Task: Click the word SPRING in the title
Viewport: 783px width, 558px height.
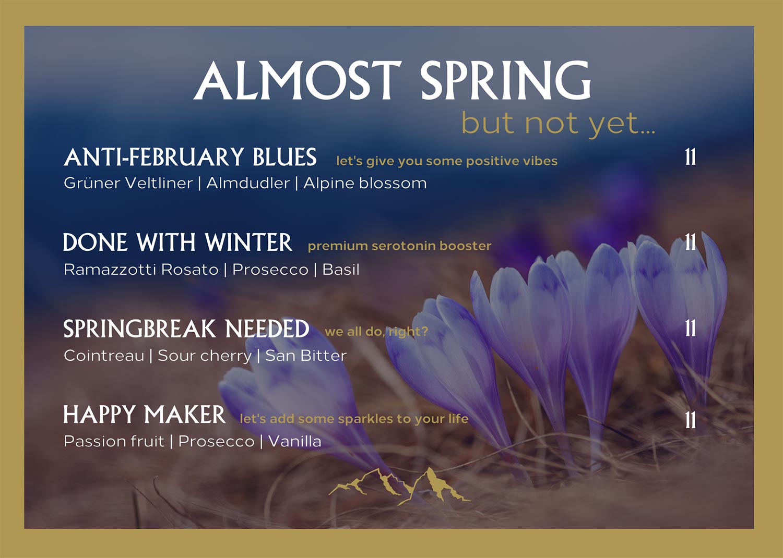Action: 505,80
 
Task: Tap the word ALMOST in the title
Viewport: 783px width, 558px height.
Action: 298,80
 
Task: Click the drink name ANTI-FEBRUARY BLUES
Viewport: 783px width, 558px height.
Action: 190,157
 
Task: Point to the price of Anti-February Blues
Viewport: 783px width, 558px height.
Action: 691,157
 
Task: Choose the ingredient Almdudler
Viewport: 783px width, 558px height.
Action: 248,183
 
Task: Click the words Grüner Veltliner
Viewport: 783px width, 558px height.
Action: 128,183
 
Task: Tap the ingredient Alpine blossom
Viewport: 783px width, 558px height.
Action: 365,184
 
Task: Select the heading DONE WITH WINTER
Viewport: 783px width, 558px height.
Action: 177,242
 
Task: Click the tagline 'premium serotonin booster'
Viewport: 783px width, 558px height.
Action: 399,246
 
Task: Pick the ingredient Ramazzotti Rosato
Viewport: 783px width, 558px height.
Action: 141,270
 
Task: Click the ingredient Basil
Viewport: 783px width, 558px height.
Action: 341,270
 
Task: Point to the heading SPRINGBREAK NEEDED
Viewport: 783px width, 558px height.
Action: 186,329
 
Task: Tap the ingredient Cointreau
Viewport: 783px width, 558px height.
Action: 104,356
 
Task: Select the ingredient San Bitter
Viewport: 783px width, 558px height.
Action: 306,356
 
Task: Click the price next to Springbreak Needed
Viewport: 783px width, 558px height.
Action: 691,328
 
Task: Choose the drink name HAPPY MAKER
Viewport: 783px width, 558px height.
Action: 145,415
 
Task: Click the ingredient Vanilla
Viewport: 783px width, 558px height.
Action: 295,441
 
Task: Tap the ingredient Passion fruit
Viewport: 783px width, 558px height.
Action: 114,441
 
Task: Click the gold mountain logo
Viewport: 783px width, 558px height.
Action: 399,487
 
